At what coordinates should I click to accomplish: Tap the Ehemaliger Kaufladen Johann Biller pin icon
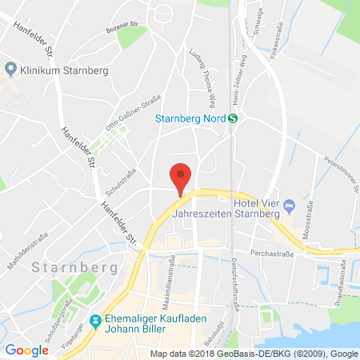96,321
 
